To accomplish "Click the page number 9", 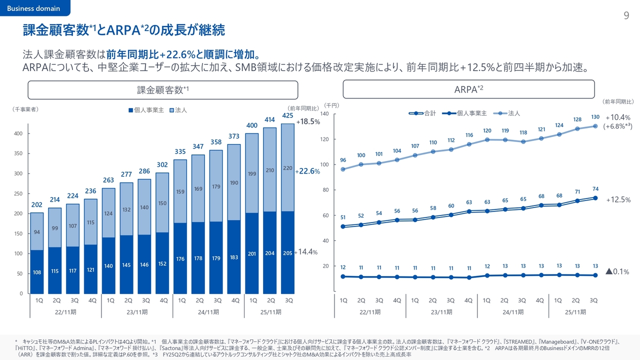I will point(626,15).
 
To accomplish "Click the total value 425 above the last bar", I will point(287,115).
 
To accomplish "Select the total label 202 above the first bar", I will point(36,204).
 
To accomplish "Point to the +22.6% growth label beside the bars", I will point(307,171).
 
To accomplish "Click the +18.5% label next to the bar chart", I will point(308,121).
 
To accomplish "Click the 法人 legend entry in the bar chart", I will point(178,110).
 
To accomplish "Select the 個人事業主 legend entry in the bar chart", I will point(146,110).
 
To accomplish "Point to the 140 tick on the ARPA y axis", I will point(324,114).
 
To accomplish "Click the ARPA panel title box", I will point(468,89).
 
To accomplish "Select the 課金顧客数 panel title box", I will point(162,90).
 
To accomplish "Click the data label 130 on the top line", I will point(595,117).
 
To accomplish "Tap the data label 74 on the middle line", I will point(595,188).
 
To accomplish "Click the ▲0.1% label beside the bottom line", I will point(617,271).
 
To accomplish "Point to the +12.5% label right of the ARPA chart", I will point(618,200).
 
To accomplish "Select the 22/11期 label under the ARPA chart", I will point(370,312).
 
